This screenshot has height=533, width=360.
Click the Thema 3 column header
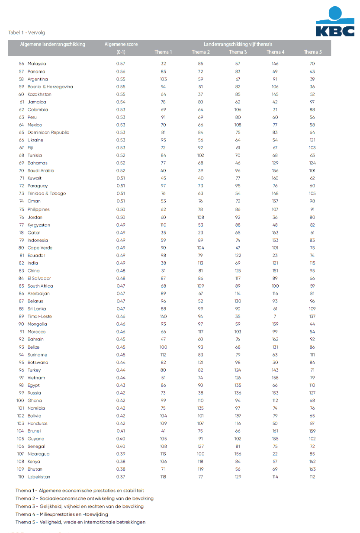pyautogui.click(x=238, y=52)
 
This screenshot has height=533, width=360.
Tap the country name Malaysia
pyautogui.click(x=37, y=64)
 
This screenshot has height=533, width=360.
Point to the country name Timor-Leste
pyautogui.click(x=39, y=317)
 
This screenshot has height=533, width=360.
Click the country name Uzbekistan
pyautogui.click(x=39, y=477)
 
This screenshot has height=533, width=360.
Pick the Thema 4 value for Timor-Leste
pyautogui.click(x=275, y=317)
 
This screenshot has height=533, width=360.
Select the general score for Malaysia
pyautogui.click(x=121, y=64)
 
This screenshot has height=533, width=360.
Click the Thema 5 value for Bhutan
pyautogui.click(x=312, y=469)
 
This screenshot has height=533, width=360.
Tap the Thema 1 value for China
pyautogui.click(x=163, y=271)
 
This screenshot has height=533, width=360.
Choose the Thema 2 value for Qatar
pyautogui.click(x=201, y=233)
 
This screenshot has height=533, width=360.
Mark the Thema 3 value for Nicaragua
pyautogui.click(x=238, y=454)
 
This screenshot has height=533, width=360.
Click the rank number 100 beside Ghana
pyautogui.click(x=20, y=401)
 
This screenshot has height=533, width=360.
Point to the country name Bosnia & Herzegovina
pyautogui.click(x=50, y=87)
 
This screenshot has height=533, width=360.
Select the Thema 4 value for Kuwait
pyautogui.click(x=275, y=178)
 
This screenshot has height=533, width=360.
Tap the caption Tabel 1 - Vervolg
pyautogui.click(x=27, y=33)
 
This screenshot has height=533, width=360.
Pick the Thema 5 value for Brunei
pyautogui.click(x=312, y=431)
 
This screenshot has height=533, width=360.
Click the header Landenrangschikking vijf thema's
pyautogui.click(x=238, y=44)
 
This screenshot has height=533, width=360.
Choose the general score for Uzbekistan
pyautogui.click(x=121, y=477)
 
